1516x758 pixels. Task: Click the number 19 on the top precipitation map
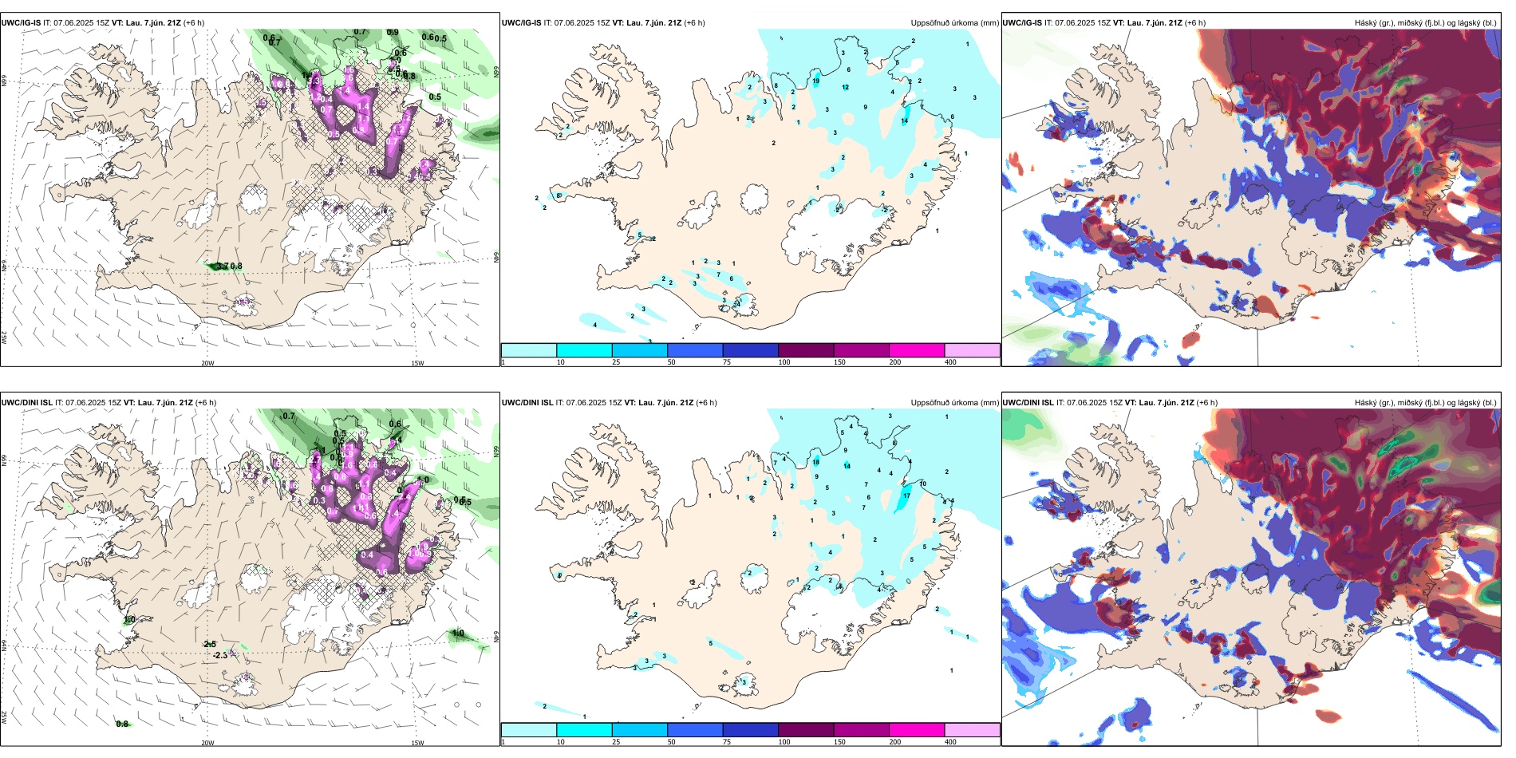tap(815, 81)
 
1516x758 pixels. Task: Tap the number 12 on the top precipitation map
tap(845, 88)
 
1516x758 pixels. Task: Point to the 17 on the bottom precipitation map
tap(906, 496)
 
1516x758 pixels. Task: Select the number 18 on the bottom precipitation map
tap(815, 462)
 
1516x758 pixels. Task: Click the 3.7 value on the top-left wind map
tap(222, 266)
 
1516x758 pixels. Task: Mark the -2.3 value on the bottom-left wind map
tap(219, 655)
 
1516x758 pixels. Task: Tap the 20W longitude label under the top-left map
tap(207, 363)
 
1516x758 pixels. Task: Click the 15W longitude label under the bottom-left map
tap(417, 743)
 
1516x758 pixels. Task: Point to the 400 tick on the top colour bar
tap(950, 362)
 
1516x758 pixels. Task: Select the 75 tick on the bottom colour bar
tap(726, 742)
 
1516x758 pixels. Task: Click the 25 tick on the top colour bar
tap(615, 362)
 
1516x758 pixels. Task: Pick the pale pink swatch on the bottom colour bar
tap(972, 730)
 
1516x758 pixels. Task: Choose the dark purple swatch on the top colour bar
tap(806, 350)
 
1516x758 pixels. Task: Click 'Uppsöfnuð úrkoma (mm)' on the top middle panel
tap(954, 23)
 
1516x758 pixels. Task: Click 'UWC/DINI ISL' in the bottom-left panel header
tap(26, 403)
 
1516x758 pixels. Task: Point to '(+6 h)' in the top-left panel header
tap(194, 23)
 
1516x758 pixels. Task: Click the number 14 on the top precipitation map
tap(904, 121)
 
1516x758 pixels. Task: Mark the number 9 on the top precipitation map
tap(865, 108)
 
